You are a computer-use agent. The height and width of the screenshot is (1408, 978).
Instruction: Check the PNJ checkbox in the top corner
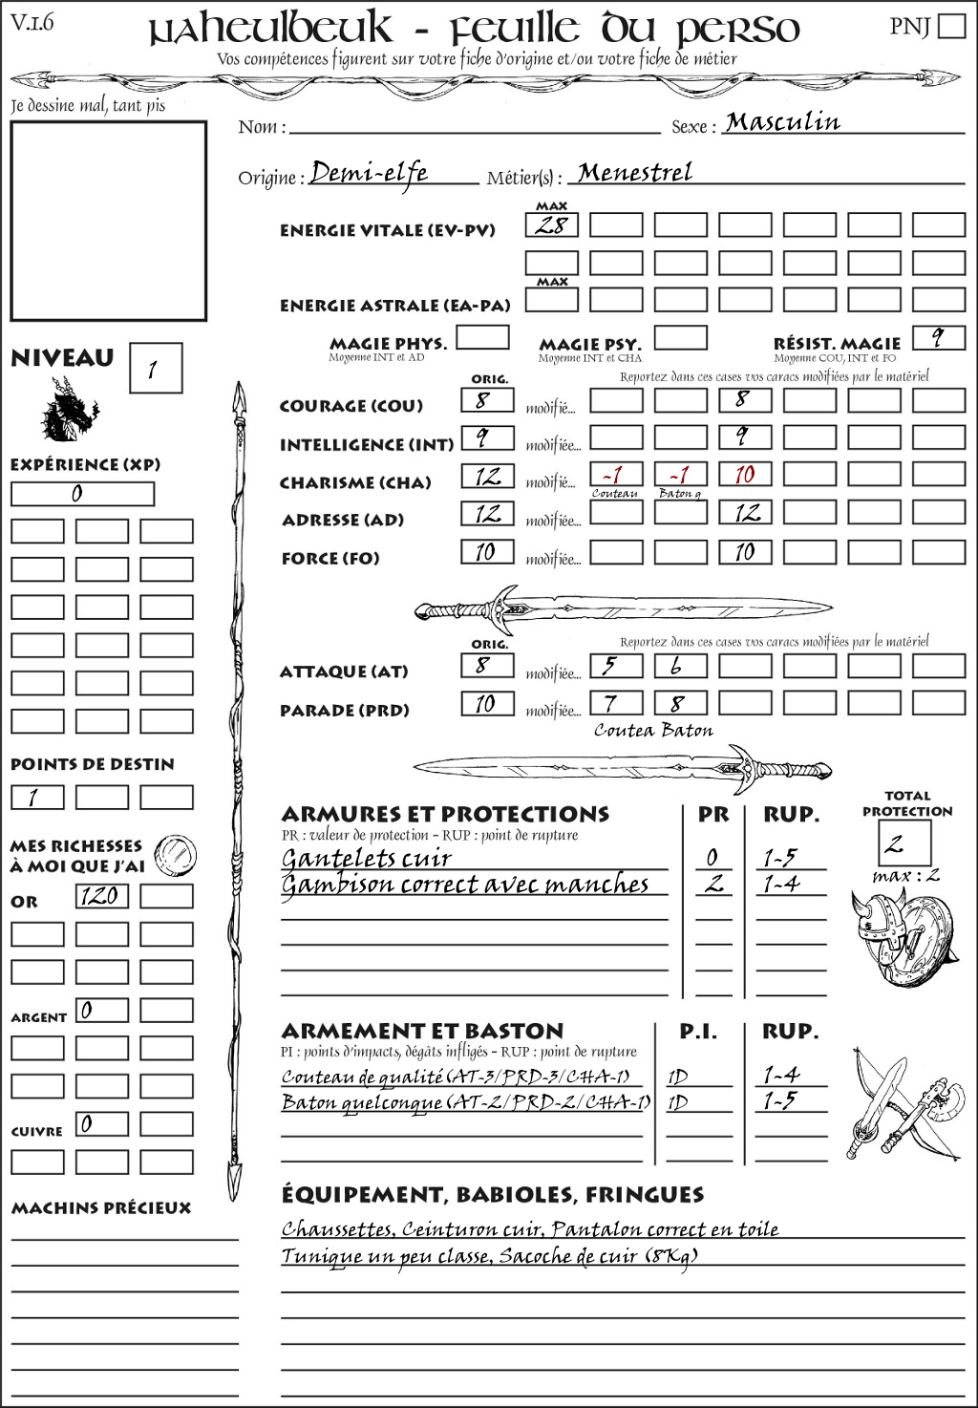[x=951, y=26]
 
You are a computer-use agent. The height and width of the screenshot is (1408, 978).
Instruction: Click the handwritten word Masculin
[x=782, y=122]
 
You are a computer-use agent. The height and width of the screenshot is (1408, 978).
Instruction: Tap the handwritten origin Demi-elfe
[x=370, y=173]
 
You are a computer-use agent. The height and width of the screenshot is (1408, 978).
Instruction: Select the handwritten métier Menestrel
[x=635, y=173]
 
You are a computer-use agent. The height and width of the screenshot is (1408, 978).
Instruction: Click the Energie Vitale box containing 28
[x=552, y=225]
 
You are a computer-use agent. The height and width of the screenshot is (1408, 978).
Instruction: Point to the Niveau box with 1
[x=155, y=369]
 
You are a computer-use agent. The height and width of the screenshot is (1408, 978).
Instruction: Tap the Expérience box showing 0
[x=82, y=494]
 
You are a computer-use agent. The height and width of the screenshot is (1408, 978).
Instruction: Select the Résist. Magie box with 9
[x=938, y=338]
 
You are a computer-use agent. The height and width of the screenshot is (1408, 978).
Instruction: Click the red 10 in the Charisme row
[x=745, y=475]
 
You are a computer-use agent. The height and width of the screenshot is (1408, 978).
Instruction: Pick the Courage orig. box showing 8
[x=487, y=400]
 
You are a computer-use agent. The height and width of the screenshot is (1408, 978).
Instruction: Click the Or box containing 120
[x=101, y=896]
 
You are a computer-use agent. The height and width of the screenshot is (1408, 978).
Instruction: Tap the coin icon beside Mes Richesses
[x=176, y=852]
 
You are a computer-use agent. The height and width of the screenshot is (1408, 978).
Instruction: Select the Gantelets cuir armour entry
[x=366, y=858]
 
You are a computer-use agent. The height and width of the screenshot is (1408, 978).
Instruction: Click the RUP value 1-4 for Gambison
[x=780, y=885]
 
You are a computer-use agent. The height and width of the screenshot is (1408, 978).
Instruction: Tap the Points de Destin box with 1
[x=37, y=797]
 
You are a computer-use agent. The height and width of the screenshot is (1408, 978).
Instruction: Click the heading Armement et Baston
[x=422, y=1031]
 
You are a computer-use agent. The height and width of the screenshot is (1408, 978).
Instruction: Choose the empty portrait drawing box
[x=108, y=221]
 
